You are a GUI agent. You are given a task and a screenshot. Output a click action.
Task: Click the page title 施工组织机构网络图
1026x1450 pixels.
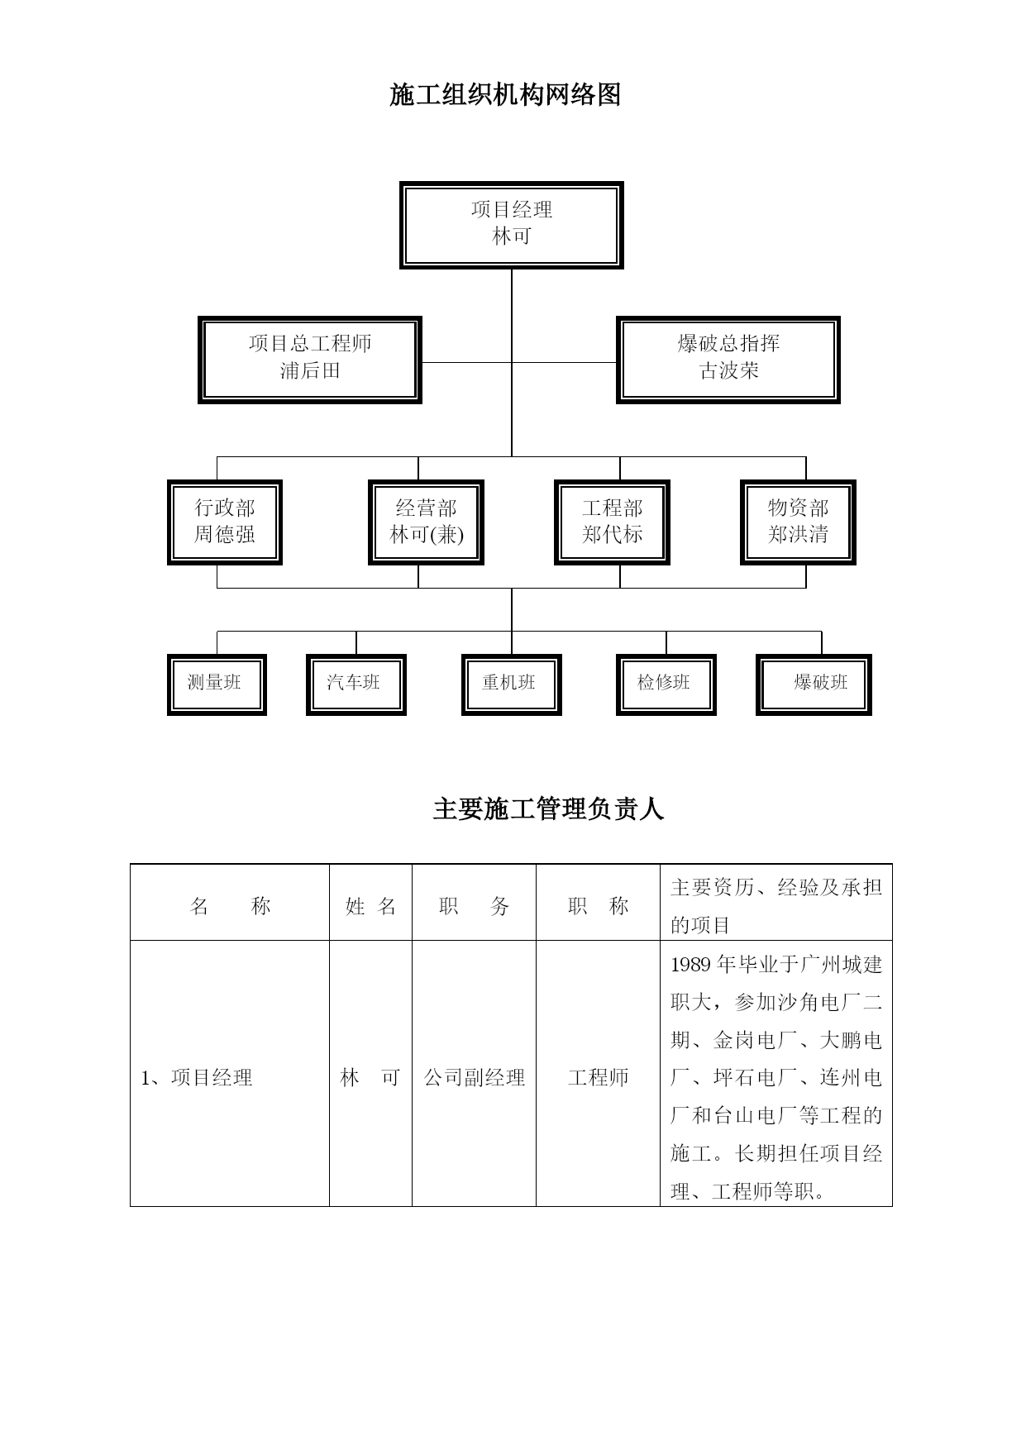[x=505, y=95]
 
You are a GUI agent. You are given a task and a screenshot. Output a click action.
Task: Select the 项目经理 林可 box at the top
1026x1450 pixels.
[x=511, y=225]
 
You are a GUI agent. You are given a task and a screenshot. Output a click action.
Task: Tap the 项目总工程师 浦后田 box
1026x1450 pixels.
[x=310, y=360]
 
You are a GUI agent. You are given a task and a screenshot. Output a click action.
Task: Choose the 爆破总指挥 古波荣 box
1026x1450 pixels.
[x=728, y=360]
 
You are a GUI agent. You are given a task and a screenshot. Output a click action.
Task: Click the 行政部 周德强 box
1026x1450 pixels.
[x=225, y=522]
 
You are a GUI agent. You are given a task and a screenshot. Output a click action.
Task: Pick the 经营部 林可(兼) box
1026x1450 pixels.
[x=426, y=522]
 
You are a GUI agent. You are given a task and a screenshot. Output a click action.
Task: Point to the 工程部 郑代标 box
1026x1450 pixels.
[x=612, y=522]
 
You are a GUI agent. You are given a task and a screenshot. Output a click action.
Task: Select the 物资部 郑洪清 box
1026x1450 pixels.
[x=798, y=522]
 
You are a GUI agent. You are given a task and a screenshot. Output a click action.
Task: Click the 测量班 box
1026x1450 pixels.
[x=217, y=684]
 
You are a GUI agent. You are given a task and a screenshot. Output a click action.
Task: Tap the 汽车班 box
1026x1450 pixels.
[x=356, y=684]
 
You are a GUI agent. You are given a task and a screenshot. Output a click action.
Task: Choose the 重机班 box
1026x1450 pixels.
[x=512, y=684]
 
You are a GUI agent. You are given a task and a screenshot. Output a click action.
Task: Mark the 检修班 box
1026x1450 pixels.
[x=666, y=684]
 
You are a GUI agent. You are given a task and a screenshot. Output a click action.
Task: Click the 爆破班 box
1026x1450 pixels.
[x=814, y=684]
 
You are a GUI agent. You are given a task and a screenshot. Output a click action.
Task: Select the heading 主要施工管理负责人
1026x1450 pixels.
[x=549, y=808]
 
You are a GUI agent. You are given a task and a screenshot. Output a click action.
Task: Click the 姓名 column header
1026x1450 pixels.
[x=371, y=906]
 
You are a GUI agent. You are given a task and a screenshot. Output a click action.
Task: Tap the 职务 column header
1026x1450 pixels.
[x=475, y=906]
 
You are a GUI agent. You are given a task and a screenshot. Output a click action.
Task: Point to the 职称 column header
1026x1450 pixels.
[x=599, y=906]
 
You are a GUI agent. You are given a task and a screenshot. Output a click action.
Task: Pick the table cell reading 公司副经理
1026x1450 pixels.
[x=475, y=1077]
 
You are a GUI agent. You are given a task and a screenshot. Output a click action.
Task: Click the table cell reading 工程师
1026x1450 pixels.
[x=599, y=1077]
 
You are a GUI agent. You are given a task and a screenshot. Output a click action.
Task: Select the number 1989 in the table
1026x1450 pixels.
[x=690, y=965]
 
